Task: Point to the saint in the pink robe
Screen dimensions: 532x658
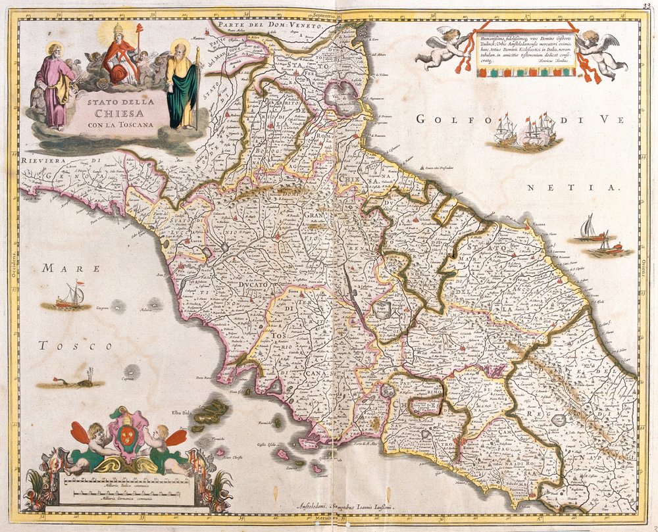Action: pos(55,85)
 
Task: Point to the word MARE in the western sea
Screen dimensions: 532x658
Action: pos(70,268)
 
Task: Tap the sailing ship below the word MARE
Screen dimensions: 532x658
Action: pos(69,297)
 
